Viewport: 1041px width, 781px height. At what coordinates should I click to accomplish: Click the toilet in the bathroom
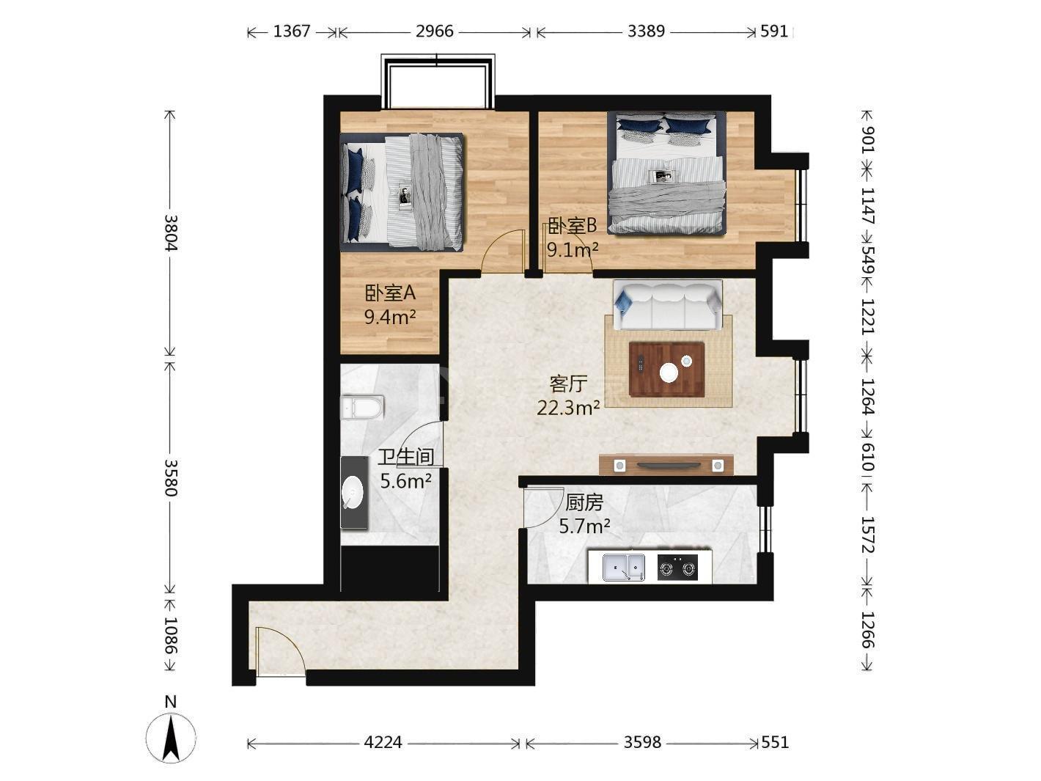click(362, 407)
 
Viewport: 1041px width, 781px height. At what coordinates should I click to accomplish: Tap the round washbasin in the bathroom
click(353, 492)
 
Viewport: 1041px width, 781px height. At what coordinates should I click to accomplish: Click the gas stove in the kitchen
click(677, 567)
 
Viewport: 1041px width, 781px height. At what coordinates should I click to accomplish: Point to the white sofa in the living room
click(668, 305)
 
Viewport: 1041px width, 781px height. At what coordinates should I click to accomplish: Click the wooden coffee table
click(666, 369)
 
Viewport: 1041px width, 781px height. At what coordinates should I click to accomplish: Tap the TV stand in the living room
click(666, 465)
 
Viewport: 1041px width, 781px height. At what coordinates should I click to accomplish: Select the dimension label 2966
click(435, 32)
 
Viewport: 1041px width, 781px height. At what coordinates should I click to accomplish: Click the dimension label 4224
click(383, 742)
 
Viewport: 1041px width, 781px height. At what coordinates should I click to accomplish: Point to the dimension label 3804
click(171, 232)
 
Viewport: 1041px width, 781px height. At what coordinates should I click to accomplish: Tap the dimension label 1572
click(867, 535)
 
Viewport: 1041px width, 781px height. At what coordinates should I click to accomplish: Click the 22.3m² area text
click(568, 407)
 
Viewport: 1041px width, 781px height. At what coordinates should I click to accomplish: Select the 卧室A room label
click(390, 293)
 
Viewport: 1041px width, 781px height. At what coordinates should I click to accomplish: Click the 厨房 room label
click(584, 502)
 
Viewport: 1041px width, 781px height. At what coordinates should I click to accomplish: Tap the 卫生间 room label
click(406, 457)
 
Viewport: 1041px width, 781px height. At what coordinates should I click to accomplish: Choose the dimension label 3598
click(642, 742)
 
